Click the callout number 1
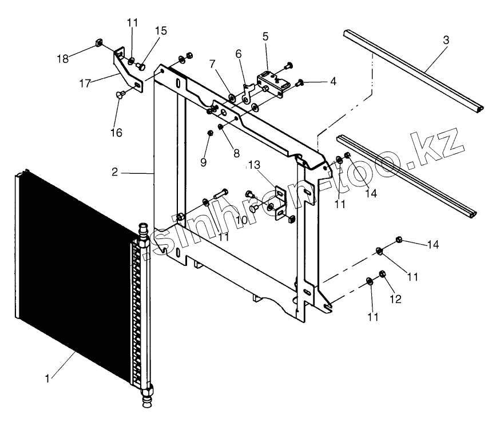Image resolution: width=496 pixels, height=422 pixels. [x=50, y=378]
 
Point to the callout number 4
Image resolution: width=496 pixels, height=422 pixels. [x=332, y=81]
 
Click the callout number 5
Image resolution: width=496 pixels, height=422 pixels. [x=265, y=37]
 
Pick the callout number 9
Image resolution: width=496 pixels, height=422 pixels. [x=203, y=162]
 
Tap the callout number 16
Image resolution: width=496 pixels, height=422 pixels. [x=116, y=133]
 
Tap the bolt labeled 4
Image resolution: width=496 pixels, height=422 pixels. [x=301, y=85]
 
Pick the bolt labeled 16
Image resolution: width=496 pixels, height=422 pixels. [x=121, y=95]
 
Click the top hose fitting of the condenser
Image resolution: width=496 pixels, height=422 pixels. [x=142, y=234]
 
